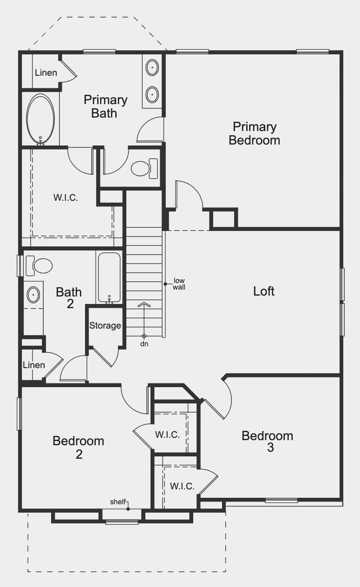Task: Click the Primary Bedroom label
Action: tap(254, 133)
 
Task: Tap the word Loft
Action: tap(264, 291)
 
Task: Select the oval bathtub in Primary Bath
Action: tap(40, 119)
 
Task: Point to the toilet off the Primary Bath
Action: tap(144, 168)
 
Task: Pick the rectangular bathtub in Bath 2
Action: tap(109, 277)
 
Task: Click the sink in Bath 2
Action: tap(33, 295)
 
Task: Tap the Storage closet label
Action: tap(105, 326)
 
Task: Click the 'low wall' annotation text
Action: tap(179, 284)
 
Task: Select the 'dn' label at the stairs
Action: tap(144, 344)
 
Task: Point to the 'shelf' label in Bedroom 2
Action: tap(118, 502)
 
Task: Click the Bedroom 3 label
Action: tap(267, 442)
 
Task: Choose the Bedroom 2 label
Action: tap(78, 447)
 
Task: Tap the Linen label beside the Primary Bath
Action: tap(46, 73)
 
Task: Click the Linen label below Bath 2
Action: tap(34, 365)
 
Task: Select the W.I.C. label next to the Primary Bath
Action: tap(65, 198)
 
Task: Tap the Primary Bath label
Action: tap(105, 106)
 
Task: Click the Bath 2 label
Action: tap(69, 298)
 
